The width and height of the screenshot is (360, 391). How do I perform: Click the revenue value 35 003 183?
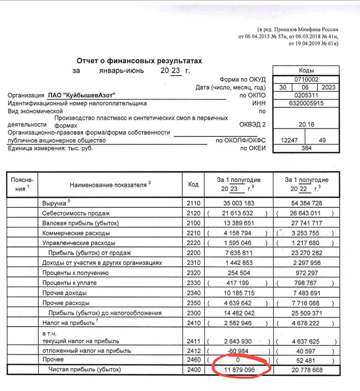tap(239, 203)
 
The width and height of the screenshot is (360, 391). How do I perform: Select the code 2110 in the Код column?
tap(194, 203)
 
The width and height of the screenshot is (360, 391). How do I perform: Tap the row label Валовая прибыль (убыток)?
tap(80, 223)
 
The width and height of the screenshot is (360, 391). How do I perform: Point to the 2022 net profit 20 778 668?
tap(306, 370)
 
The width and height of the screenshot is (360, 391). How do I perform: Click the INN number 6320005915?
tap(306, 103)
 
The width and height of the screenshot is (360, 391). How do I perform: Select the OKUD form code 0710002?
tap(306, 79)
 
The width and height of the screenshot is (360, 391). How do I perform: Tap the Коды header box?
tap(306, 70)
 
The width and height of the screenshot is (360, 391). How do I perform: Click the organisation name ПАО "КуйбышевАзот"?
tap(82, 96)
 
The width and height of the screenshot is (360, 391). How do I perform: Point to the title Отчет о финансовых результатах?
tap(139, 61)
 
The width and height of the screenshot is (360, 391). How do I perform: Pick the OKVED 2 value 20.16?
tap(306, 124)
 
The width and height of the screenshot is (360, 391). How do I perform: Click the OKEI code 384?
tap(306, 148)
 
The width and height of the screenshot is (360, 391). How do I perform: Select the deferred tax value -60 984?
tap(238, 351)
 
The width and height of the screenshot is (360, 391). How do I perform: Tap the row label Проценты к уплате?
tap(69, 283)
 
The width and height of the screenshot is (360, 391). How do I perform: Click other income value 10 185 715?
tap(239, 293)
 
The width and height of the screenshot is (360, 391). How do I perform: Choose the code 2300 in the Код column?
tap(194, 313)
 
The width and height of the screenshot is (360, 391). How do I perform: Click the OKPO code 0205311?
tap(306, 95)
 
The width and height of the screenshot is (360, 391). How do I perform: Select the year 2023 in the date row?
tap(328, 87)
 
